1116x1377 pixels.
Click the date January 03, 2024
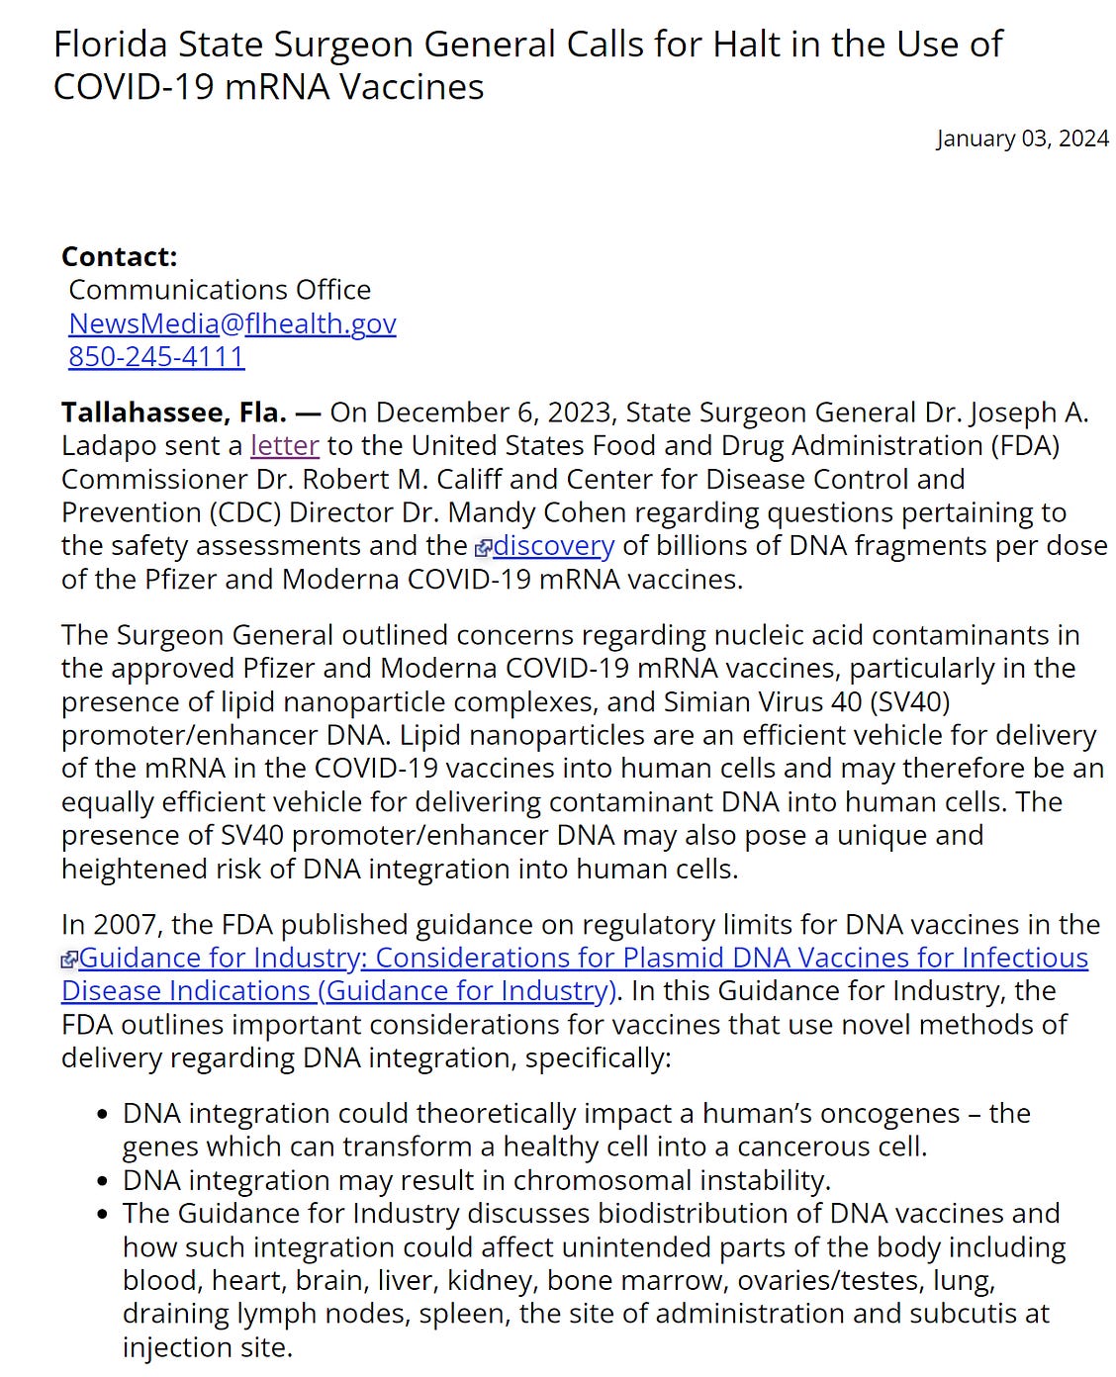click(1022, 138)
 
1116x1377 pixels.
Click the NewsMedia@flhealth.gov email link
click(232, 323)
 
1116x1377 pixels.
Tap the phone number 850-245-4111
click(156, 356)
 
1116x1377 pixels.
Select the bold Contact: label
click(119, 256)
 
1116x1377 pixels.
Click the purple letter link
click(285, 445)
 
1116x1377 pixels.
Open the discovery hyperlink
click(553, 545)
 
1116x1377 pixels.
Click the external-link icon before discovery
click(483, 548)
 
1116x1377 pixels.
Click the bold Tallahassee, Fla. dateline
click(174, 412)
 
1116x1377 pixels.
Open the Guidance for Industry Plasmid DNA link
click(583, 958)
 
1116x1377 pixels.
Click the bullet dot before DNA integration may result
click(103, 1181)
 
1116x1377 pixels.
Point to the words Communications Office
click(220, 290)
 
